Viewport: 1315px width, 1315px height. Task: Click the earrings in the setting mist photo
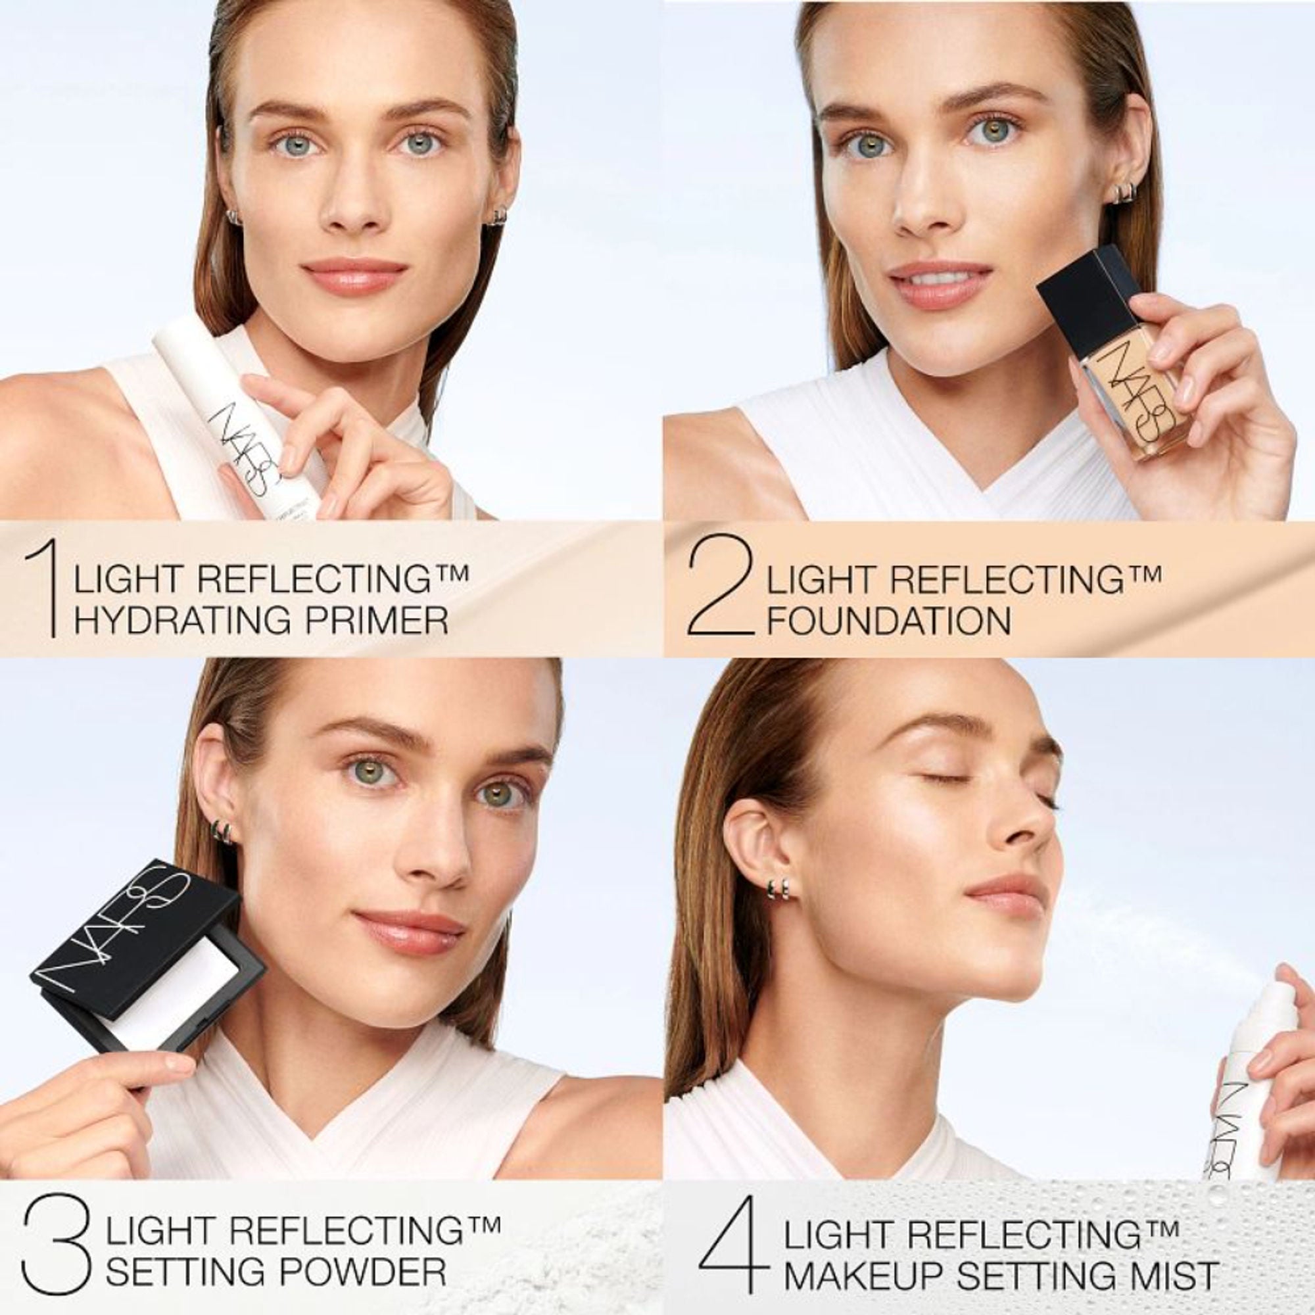pos(778,886)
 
